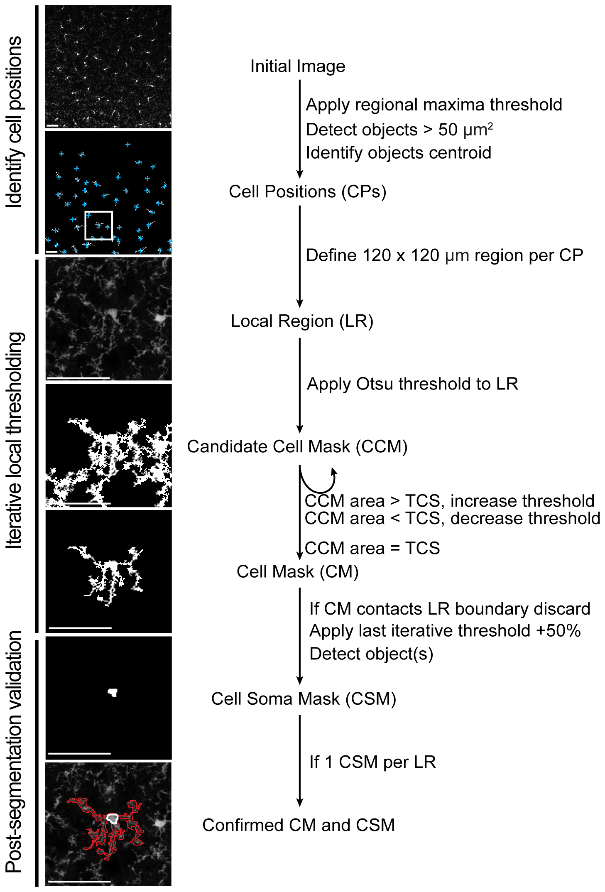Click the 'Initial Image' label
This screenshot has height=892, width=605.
tap(298, 66)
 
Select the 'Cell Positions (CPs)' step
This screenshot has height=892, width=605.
tap(307, 192)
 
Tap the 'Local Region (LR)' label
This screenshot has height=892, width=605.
tap(302, 321)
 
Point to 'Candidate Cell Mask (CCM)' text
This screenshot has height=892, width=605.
tap(297, 447)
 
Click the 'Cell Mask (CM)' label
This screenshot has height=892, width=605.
tap(297, 572)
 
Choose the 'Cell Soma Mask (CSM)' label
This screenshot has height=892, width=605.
tap(304, 699)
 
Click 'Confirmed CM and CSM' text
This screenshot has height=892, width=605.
tap(299, 825)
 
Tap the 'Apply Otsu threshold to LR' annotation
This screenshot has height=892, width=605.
tap(412, 384)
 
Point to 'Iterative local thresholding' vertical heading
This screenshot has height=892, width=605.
tap(14, 440)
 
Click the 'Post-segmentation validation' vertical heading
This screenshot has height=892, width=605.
tap(14, 752)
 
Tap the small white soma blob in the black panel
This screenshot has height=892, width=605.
tap(113, 692)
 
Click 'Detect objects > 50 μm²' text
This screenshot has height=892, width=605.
tap(399, 130)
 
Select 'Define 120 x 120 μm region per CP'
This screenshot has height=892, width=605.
tap(444, 255)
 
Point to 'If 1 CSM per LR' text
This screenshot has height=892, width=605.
tap(372, 762)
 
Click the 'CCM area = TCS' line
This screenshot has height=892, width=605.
tap(372, 549)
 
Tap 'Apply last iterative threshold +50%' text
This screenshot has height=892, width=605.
tap(445, 631)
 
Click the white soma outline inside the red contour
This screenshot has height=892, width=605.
tap(112, 818)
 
